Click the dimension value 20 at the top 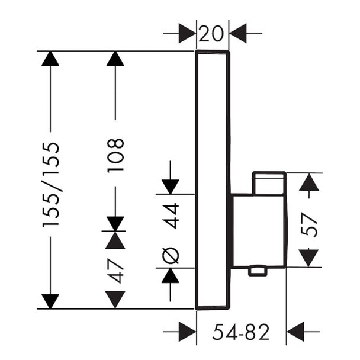(211, 34)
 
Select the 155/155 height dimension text (51, 185)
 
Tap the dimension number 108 (115, 155)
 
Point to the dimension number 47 (115, 271)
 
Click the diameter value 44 (171, 216)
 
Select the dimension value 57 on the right (309, 224)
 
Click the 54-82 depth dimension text (240, 332)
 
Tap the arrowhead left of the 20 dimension (187, 33)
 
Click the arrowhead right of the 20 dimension (238, 33)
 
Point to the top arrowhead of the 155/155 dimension (50, 59)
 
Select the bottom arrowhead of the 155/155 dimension (50, 301)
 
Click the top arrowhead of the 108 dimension (115, 59)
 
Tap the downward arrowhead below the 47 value (115, 300)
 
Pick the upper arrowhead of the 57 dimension (309, 182)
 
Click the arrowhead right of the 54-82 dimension (295, 332)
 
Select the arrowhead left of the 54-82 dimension (187, 332)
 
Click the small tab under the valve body (258, 271)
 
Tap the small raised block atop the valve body (269, 183)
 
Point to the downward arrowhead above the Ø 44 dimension (171, 187)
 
